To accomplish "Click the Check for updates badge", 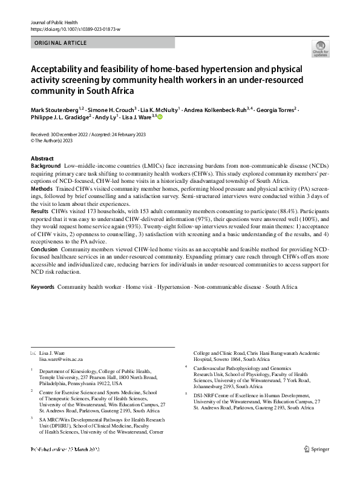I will (321, 48).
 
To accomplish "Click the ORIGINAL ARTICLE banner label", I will (61, 43).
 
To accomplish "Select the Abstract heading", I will (42, 158).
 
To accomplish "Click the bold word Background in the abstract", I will (44, 165).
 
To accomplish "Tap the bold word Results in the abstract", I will (40, 211).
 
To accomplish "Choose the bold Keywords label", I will (42, 286).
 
